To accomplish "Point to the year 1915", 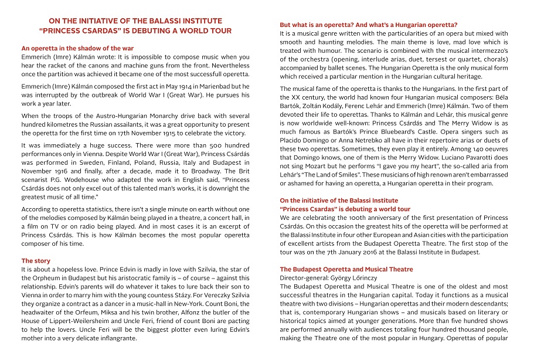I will tap(186, 133).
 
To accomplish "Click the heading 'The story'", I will tap(36, 260).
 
